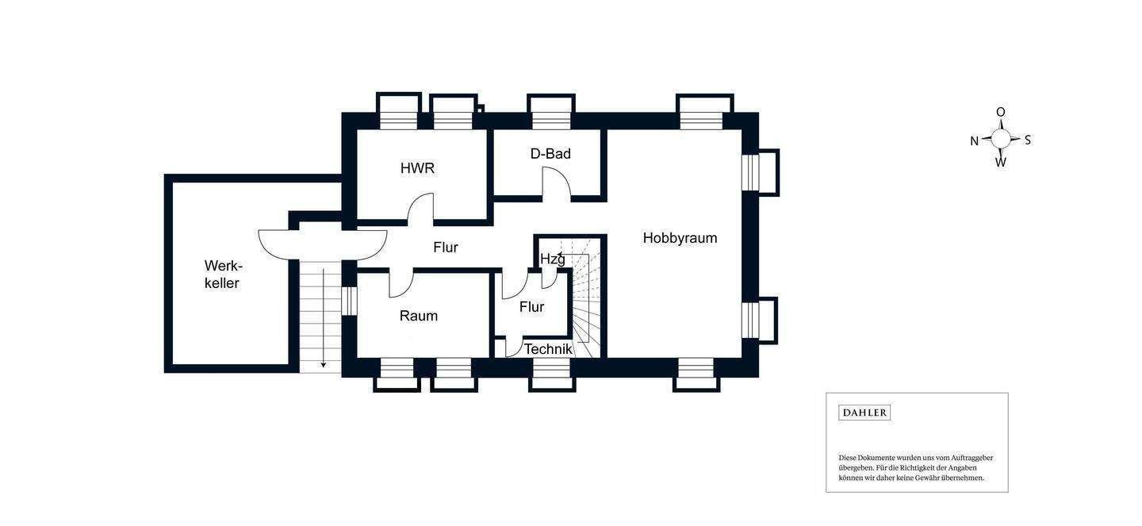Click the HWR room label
pos(417,168)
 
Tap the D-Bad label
pos(550,154)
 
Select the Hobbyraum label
pos(680,238)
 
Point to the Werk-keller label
pos(222,275)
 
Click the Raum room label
pos(418,316)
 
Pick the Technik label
pos(548,349)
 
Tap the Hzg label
pos(552,259)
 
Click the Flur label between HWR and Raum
pos(446,248)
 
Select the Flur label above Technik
pos(531,307)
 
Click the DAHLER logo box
pos(864,413)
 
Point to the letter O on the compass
pos(1001,113)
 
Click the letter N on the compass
pos(974,141)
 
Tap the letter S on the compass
pos(1028,140)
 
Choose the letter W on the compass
pos(1001,163)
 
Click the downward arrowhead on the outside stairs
pos(324,364)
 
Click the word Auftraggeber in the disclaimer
pos(968,458)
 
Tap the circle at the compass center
pos(1001,139)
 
